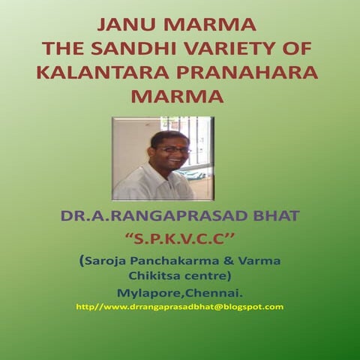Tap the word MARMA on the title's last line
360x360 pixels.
pyautogui.click(x=178, y=97)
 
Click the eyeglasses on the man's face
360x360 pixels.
pyautogui.click(x=174, y=150)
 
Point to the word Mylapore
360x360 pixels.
pyautogui.click(x=145, y=292)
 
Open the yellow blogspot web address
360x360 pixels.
pyautogui.click(x=180, y=307)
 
